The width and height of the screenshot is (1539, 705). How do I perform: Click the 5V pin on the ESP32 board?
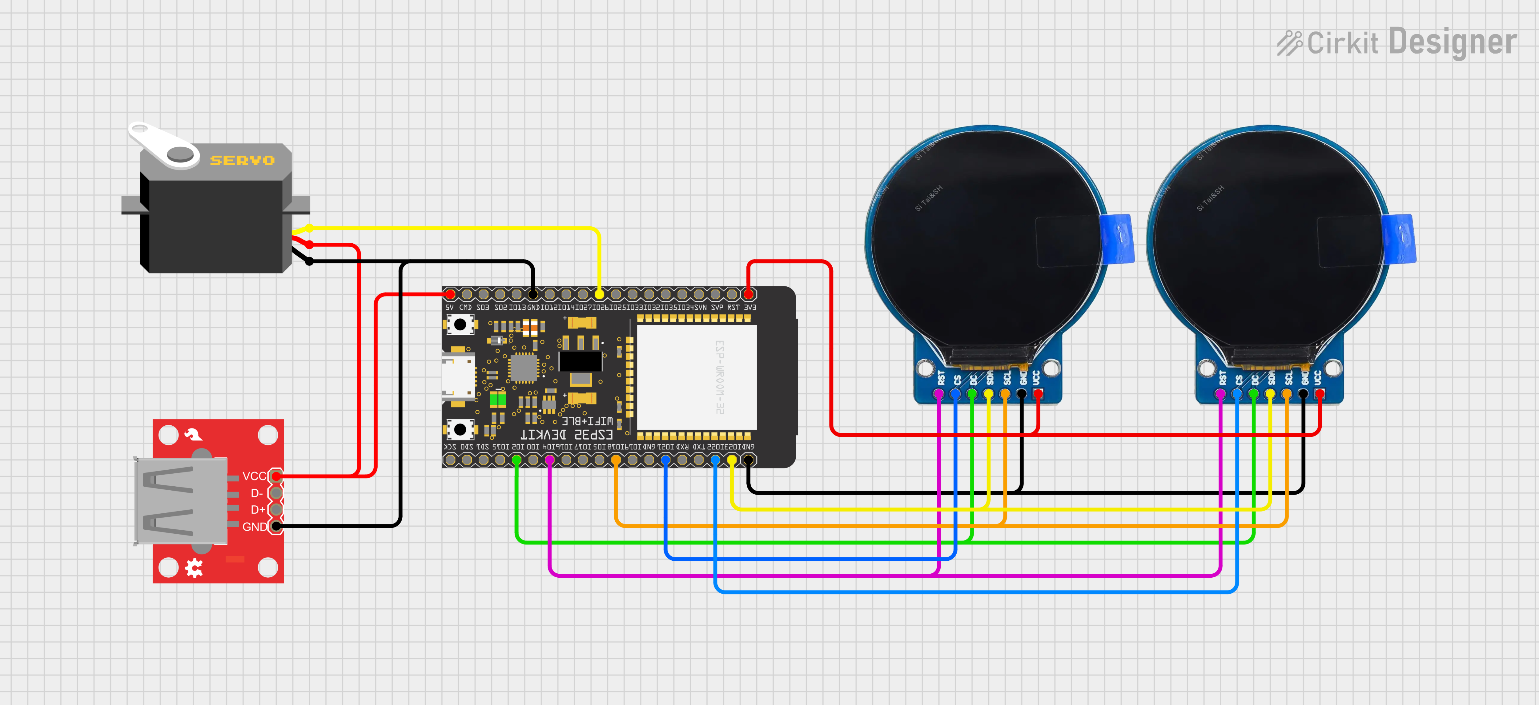coord(450,294)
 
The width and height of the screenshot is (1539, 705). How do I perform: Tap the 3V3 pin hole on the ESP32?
coord(748,294)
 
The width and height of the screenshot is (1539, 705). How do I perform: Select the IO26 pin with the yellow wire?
coord(599,294)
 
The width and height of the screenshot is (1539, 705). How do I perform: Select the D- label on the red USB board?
coord(256,493)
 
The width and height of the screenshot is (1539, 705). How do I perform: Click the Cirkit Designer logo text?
coord(1398,43)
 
